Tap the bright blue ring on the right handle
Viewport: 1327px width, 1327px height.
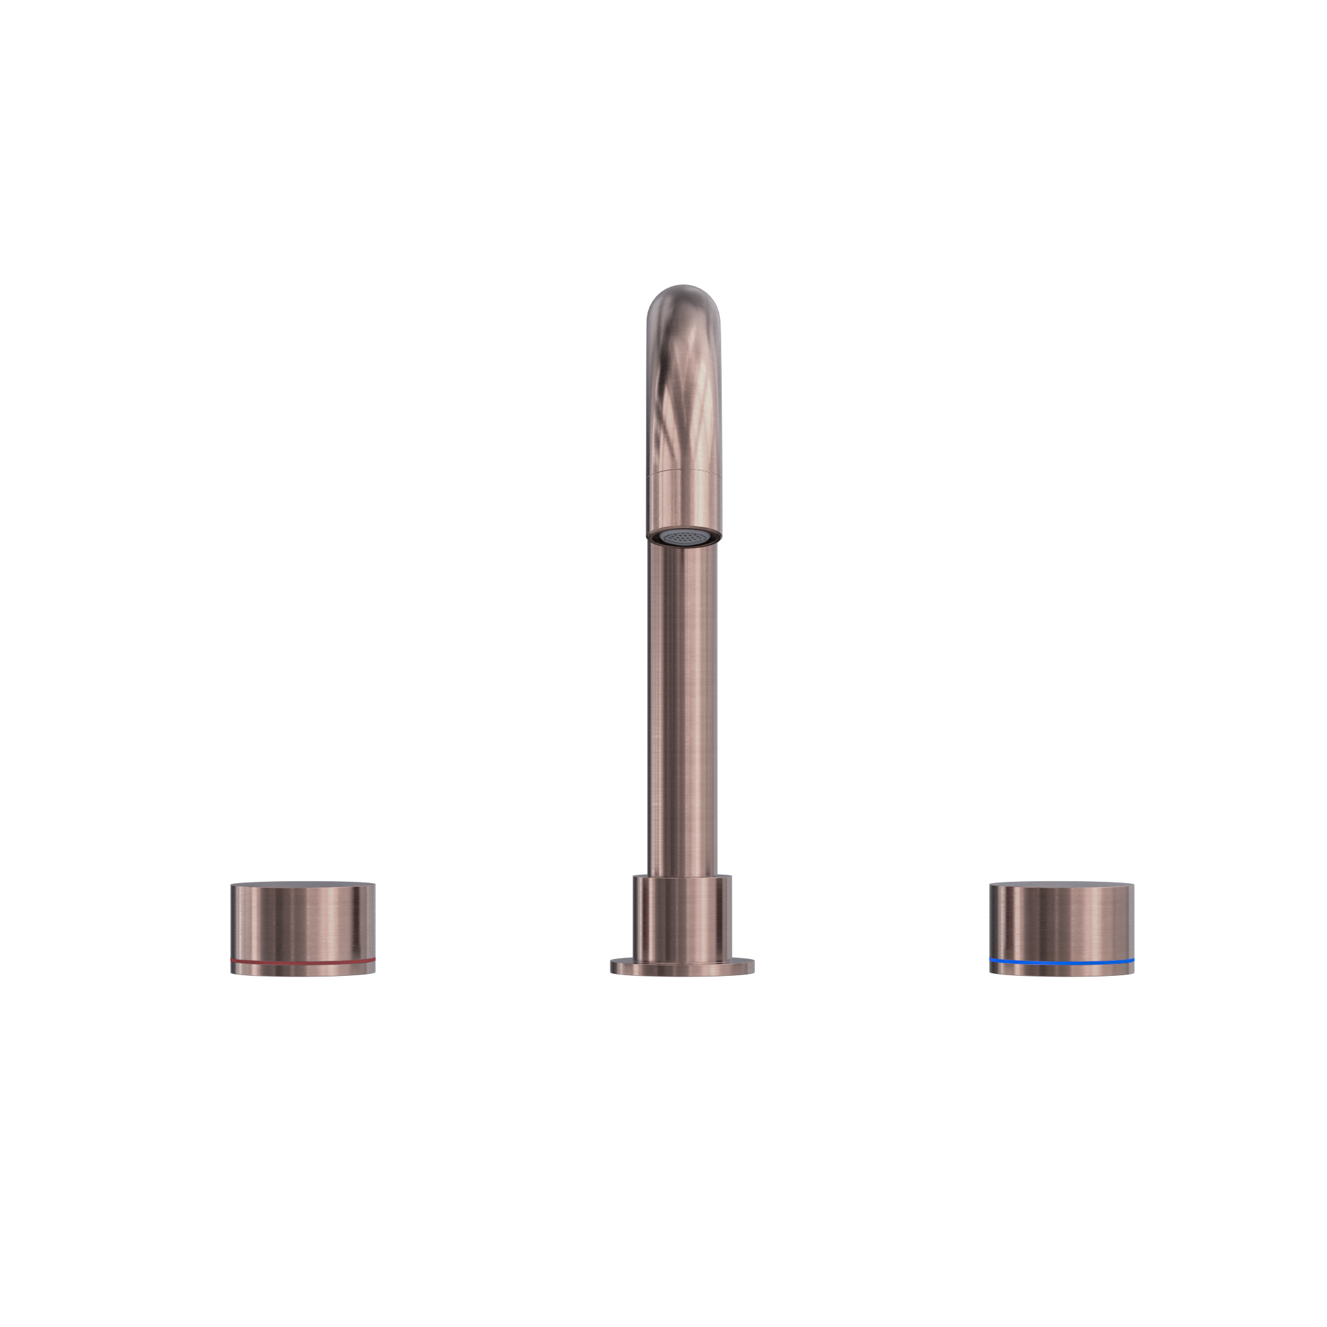coord(1062,962)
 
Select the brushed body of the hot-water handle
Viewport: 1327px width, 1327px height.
coord(302,920)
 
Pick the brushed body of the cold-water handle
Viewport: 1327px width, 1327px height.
coord(1062,920)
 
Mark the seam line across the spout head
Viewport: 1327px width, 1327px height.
coord(683,471)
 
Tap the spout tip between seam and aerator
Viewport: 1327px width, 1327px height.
coord(683,502)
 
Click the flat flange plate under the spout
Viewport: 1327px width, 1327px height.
coord(683,968)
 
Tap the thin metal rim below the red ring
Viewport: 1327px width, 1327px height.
coord(302,969)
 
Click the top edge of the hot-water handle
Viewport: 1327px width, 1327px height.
coord(302,884)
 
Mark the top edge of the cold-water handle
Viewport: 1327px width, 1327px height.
coord(1062,884)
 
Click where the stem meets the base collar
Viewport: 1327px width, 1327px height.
coord(683,877)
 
